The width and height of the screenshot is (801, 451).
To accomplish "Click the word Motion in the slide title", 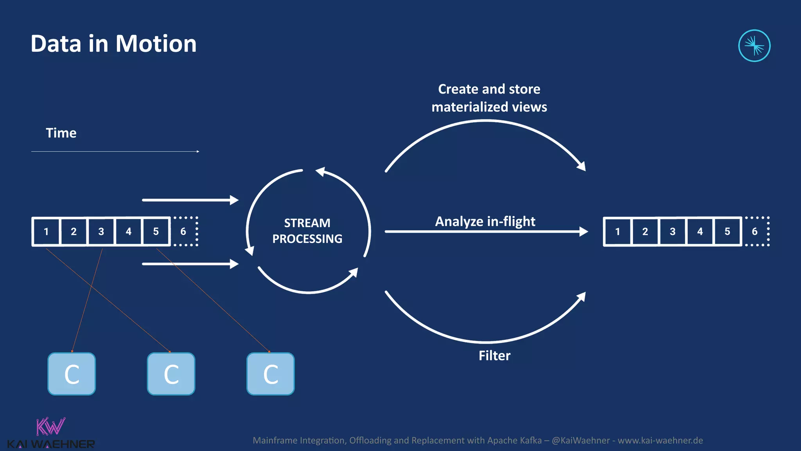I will click(156, 43).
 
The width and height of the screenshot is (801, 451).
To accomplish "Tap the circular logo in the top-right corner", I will click(754, 46).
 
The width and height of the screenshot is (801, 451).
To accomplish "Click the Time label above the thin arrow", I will click(61, 133).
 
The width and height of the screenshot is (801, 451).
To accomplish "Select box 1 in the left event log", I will click(46, 231).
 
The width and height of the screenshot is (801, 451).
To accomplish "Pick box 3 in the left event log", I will click(101, 231).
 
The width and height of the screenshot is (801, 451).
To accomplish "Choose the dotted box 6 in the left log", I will click(184, 231).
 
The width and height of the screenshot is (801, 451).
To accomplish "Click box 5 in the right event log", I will click(727, 231).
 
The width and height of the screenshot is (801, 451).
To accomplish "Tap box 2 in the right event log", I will click(645, 231).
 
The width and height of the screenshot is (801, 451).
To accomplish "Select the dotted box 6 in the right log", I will click(755, 231).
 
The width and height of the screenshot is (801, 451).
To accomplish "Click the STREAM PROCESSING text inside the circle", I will click(307, 231).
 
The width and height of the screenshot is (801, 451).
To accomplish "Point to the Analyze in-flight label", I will click(485, 222).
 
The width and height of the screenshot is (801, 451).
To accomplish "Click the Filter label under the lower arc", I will click(494, 355).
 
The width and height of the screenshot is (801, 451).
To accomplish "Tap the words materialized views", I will click(489, 107).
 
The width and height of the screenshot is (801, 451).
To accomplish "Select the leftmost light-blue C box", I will click(72, 374).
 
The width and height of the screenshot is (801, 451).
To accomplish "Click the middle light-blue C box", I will click(171, 374).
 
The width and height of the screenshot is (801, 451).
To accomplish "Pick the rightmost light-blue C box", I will click(270, 374).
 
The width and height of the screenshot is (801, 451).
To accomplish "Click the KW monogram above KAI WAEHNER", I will click(50, 427).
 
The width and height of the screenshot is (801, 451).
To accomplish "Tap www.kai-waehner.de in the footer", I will click(660, 440).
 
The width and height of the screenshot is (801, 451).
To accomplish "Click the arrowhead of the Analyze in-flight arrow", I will click(584, 231).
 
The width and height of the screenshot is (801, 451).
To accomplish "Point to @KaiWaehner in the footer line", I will click(580, 440).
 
